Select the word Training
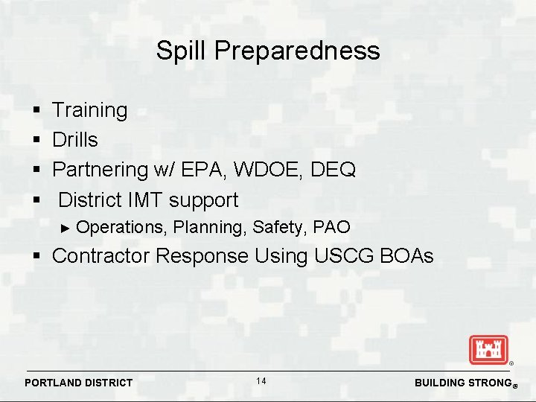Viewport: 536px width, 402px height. [90, 111]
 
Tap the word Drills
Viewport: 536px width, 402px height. [75, 140]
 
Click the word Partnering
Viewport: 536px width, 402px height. [100, 170]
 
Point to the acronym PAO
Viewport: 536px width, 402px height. [332, 226]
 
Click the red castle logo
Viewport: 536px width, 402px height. [488, 349]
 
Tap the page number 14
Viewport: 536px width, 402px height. [261, 381]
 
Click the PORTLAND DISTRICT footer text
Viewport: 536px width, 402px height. [79, 383]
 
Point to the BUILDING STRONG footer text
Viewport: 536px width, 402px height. [461, 383]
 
